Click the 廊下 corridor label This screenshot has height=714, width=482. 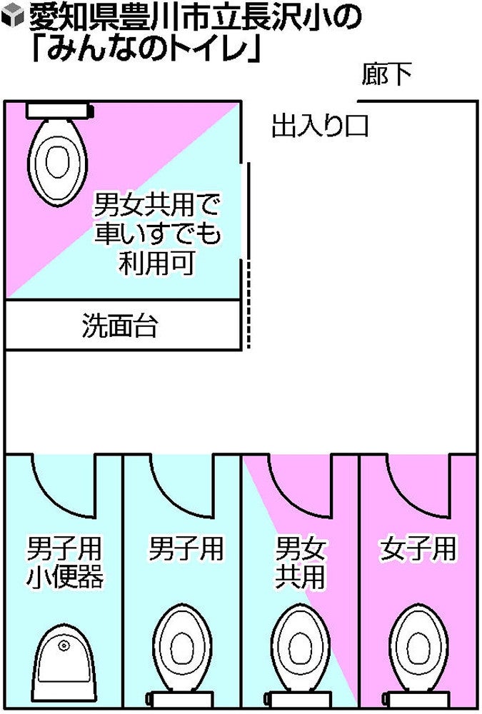point(386,74)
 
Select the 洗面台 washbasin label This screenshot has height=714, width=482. point(120,325)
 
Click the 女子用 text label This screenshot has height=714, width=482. point(418,548)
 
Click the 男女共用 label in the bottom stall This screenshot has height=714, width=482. point(300,563)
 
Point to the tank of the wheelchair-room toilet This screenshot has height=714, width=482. point(59,111)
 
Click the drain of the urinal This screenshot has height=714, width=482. point(64,645)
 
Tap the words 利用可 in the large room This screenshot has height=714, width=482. point(157,262)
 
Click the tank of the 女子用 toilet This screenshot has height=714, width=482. point(416,698)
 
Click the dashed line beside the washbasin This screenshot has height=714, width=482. point(248,304)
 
